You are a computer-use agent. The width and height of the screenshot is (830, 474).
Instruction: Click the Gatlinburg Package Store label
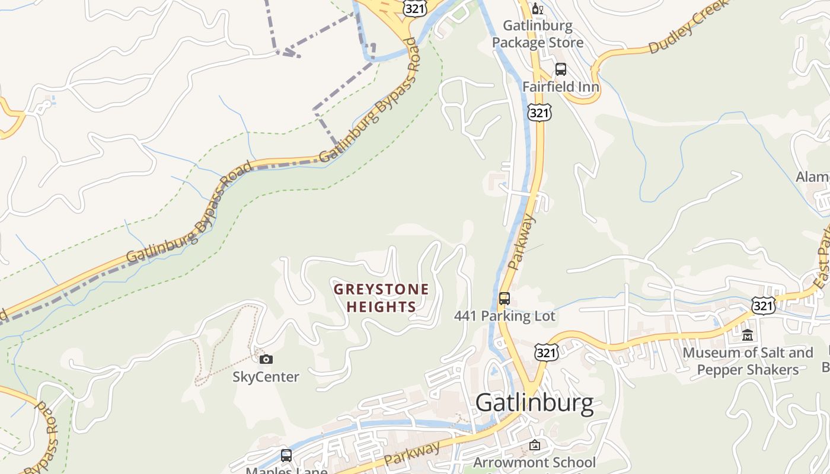(x=538, y=34)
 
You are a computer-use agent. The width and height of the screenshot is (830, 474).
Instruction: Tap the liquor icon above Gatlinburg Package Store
(x=538, y=8)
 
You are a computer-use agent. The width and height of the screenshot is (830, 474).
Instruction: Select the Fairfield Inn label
(x=560, y=87)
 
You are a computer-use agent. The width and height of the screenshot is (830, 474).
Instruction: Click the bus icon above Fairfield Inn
(x=560, y=69)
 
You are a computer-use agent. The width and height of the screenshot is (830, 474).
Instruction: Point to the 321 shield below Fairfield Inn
(x=540, y=113)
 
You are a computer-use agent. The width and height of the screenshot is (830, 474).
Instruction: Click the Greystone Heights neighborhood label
(x=381, y=298)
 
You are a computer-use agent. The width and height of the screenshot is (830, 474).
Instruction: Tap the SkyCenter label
(x=266, y=377)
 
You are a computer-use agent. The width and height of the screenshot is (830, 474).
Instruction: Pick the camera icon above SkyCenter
(x=266, y=359)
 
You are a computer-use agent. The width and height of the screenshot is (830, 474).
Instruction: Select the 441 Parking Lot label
(x=505, y=316)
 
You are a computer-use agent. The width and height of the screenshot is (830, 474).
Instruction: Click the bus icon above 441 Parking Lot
(x=504, y=299)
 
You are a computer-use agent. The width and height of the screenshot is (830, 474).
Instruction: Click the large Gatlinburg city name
(x=534, y=403)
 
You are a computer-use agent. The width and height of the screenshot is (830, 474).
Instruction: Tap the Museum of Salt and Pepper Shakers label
(x=748, y=361)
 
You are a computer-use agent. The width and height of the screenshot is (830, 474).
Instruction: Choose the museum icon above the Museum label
(x=748, y=335)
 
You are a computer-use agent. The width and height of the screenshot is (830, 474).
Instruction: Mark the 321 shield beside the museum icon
(x=762, y=306)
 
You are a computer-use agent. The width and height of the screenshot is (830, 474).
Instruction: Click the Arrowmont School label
(x=534, y=462)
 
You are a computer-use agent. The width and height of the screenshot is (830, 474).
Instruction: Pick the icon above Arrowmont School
(x=534, y=444)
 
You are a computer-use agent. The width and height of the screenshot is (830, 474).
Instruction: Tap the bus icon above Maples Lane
(x=286, y=456)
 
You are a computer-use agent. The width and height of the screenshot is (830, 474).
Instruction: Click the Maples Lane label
(x=286, y=470)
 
